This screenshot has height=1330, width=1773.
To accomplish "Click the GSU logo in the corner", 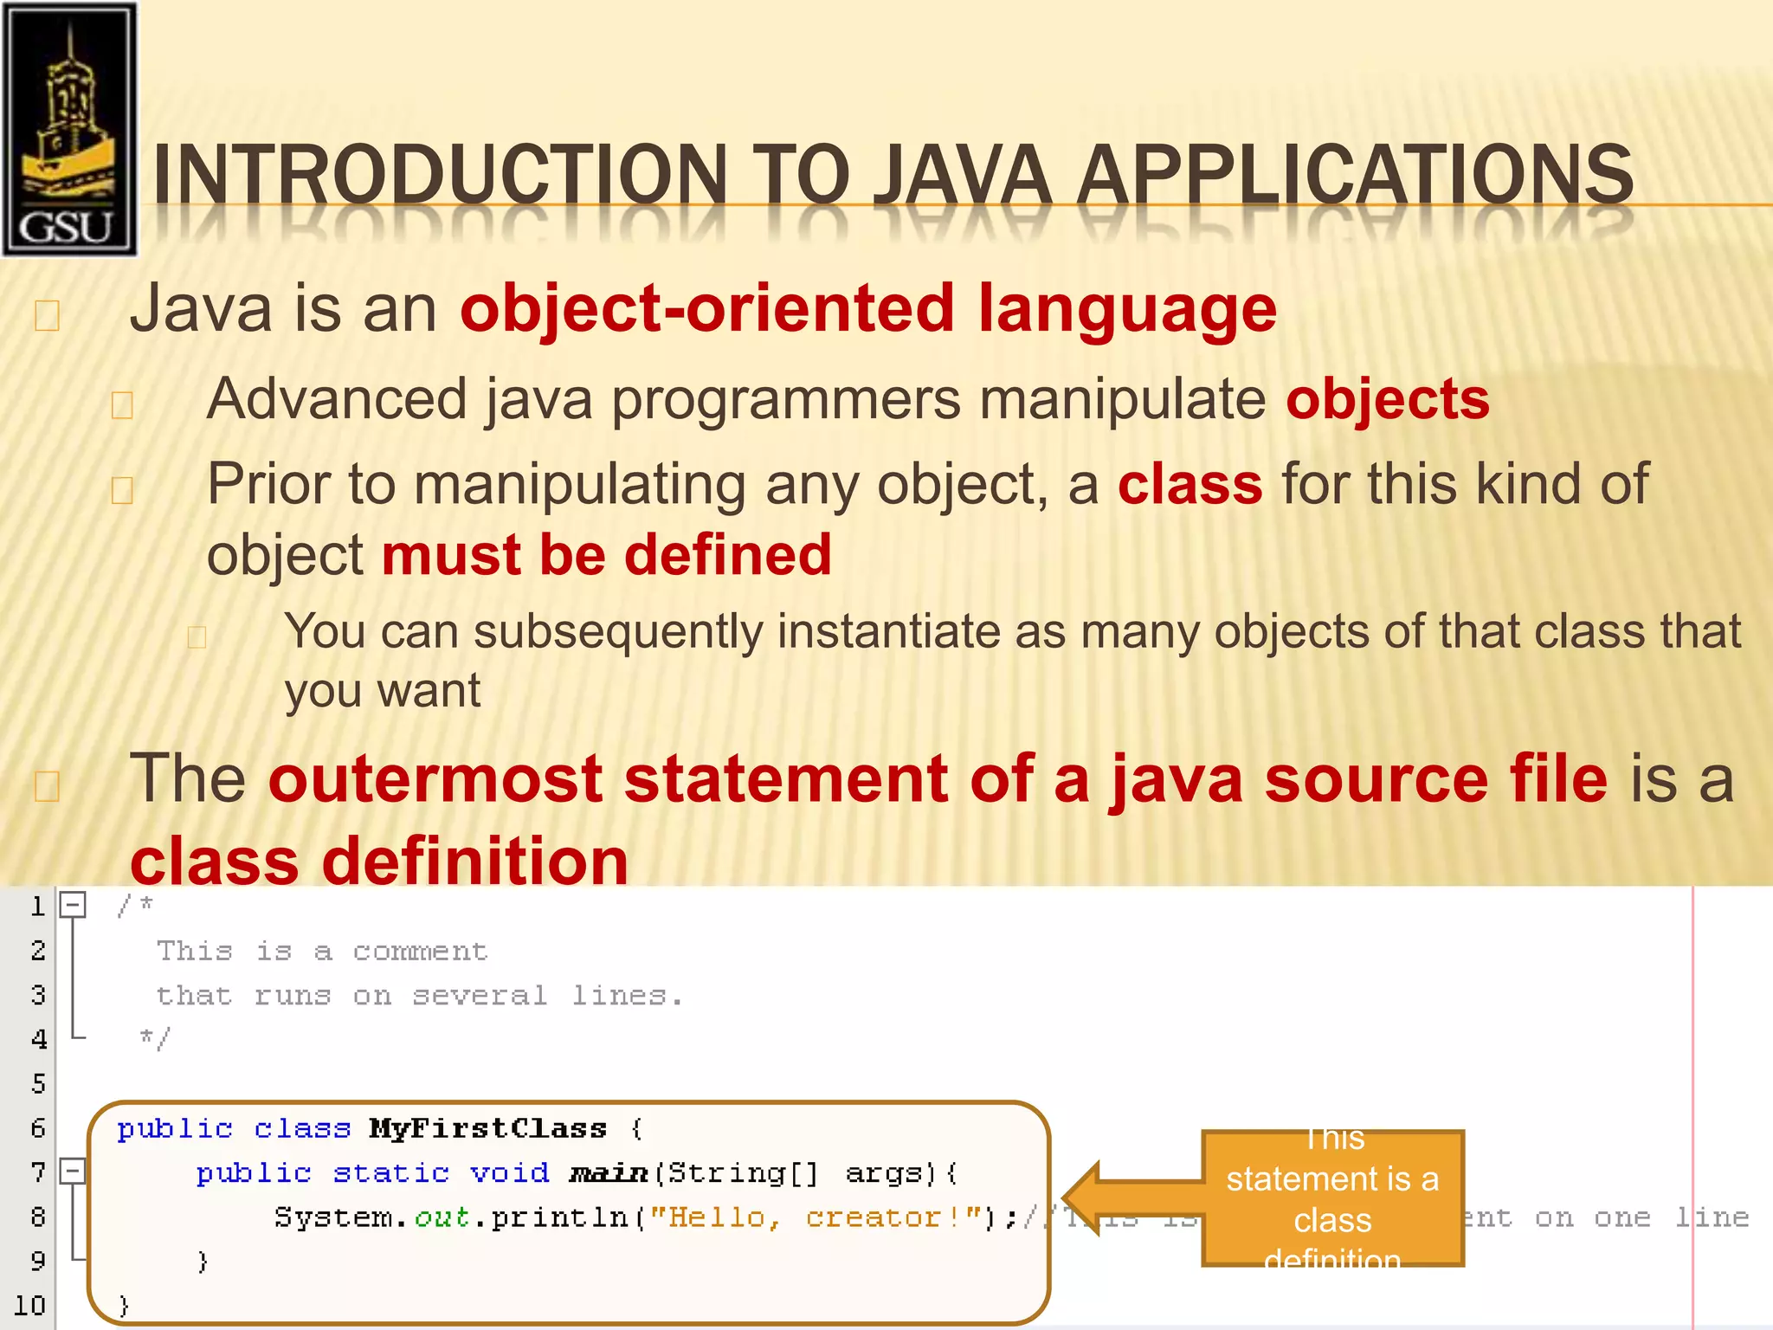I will pos(69,130).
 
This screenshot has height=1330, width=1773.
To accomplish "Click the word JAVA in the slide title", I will pos(961,175).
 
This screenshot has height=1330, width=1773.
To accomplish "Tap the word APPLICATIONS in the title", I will pos(1356,175).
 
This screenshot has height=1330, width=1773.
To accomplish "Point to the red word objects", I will pos(1388,399).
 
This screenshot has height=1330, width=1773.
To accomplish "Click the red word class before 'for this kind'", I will pos(1190,484).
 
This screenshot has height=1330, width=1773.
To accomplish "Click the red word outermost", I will pos(435,778).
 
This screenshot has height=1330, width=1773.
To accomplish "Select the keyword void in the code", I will pos(509,1172).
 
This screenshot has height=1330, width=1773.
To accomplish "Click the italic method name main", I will pos(609,1173).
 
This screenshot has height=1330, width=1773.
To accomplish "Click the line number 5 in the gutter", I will pos(38,1083).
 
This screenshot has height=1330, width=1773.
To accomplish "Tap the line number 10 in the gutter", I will pos(29,1305).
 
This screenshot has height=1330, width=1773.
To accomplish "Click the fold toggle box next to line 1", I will pos(73,906).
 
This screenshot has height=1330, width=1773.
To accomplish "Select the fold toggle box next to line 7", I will pos(73,1172).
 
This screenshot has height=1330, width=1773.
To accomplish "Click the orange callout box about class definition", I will pos(1332,1198).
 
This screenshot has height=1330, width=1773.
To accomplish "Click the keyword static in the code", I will pos(390,1172).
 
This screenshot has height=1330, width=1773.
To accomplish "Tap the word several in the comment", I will pos(479,996).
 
